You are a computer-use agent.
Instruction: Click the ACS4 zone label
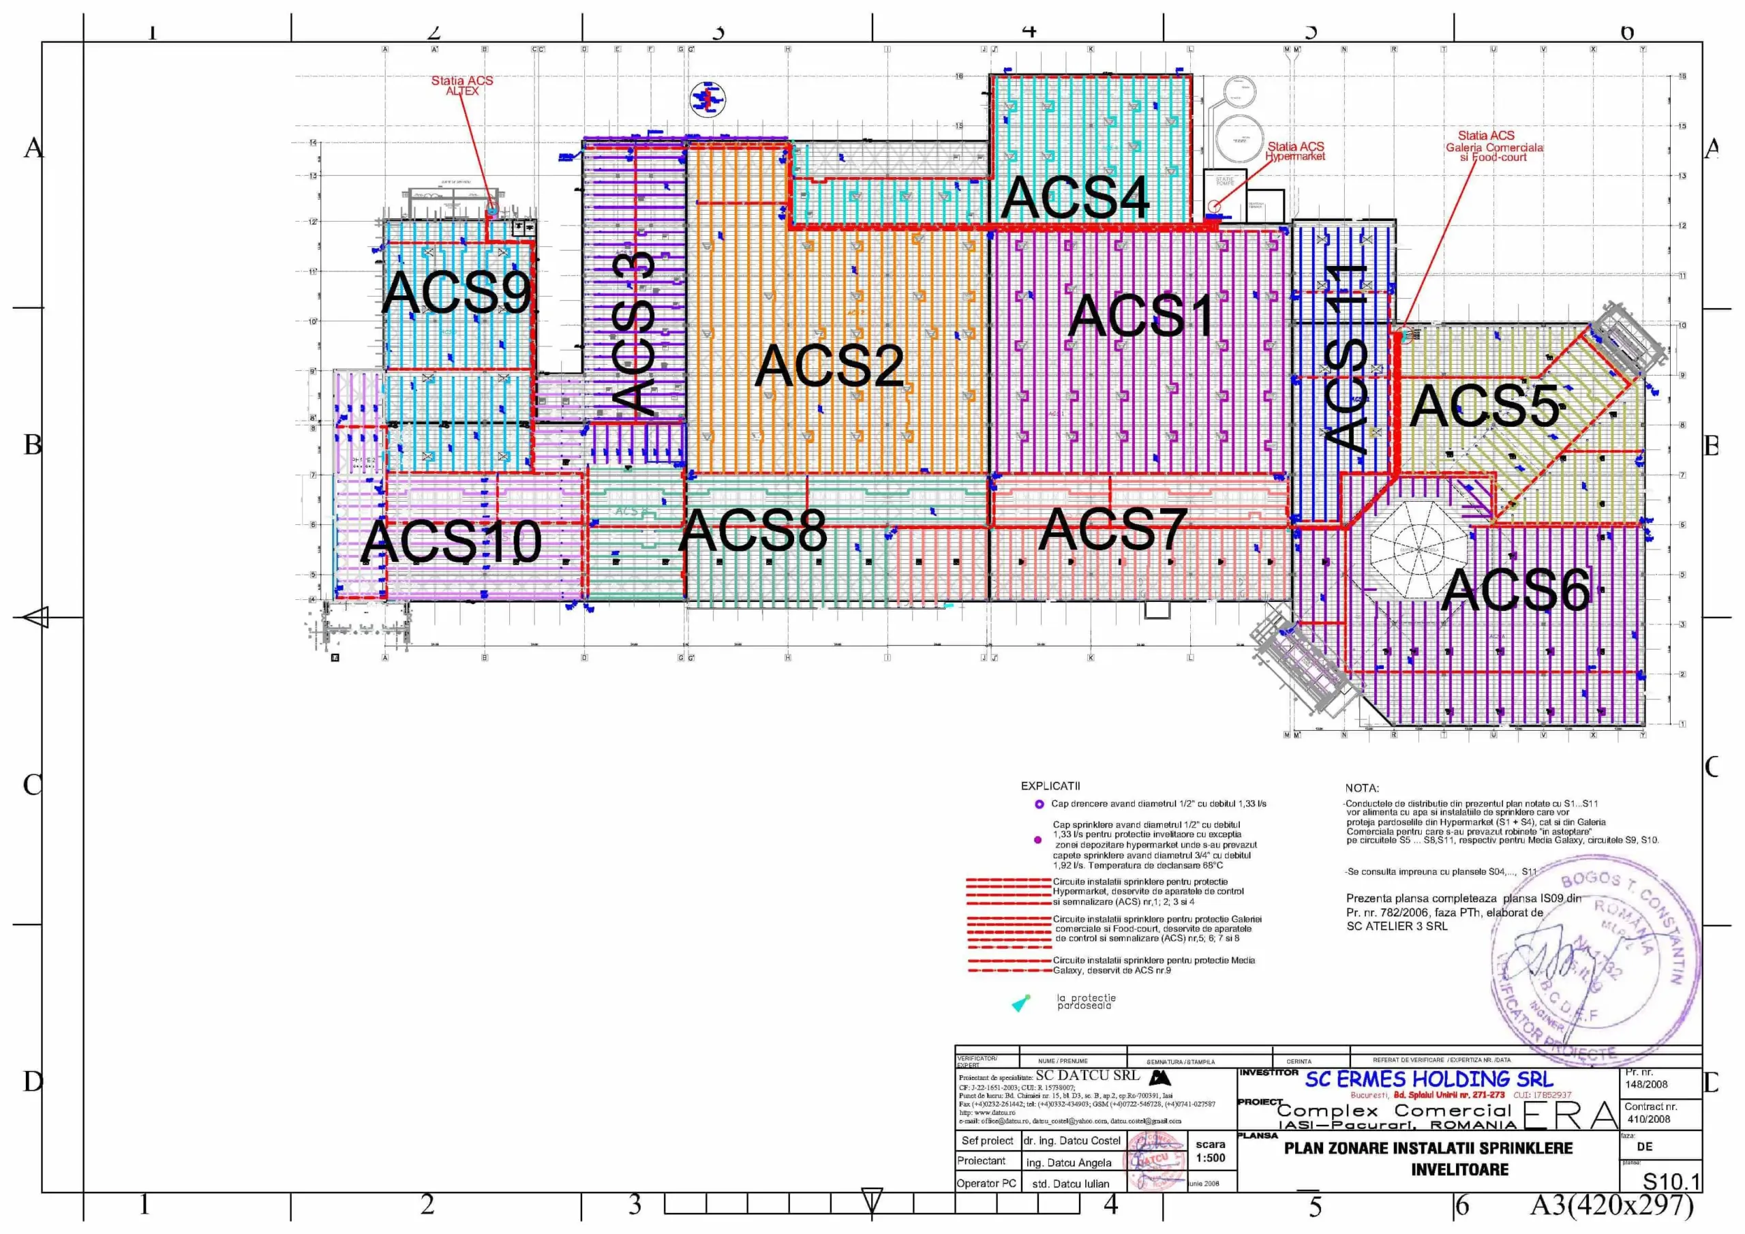click(1075, 198)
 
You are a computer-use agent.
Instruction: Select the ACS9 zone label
click(456, 292)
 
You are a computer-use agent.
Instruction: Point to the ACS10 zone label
click(451, 541)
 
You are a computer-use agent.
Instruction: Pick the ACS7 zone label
click(1112, 530)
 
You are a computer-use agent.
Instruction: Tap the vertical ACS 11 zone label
click(1346, 357)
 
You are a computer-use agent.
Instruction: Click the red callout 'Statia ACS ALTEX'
click(462, 85)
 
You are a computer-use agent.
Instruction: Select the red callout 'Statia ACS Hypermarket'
click(1295, 151)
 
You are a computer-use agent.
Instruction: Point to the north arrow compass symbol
click(708, 99)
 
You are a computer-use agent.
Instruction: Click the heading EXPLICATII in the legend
click(1050, 786)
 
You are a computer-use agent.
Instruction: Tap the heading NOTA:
click(1361, 788)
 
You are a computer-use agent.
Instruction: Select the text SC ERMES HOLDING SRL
click(1429, 1079)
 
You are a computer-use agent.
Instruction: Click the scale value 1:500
click(1210, 1158)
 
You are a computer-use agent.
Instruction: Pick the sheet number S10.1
click(1671, 1181)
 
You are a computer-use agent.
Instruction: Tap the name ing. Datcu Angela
click(1068, 1162)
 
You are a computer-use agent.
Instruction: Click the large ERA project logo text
click(1570, 1115)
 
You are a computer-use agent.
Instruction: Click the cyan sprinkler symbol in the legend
click(1020, 1004)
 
